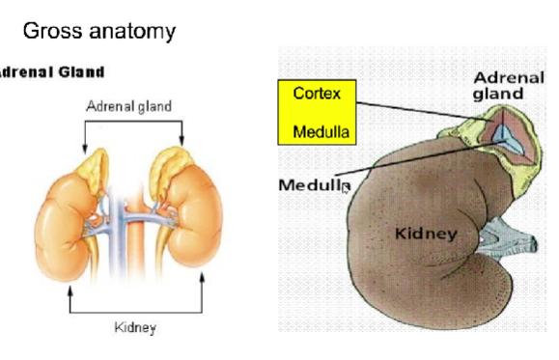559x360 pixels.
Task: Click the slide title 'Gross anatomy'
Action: tap(98, 31)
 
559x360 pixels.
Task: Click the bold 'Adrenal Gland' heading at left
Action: tap(49, 72)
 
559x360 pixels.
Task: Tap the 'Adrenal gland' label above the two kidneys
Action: tap(129, 105)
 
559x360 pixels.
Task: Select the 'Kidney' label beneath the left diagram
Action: tap(135, 327)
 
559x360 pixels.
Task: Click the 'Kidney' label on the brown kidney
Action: tap(426, 233)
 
